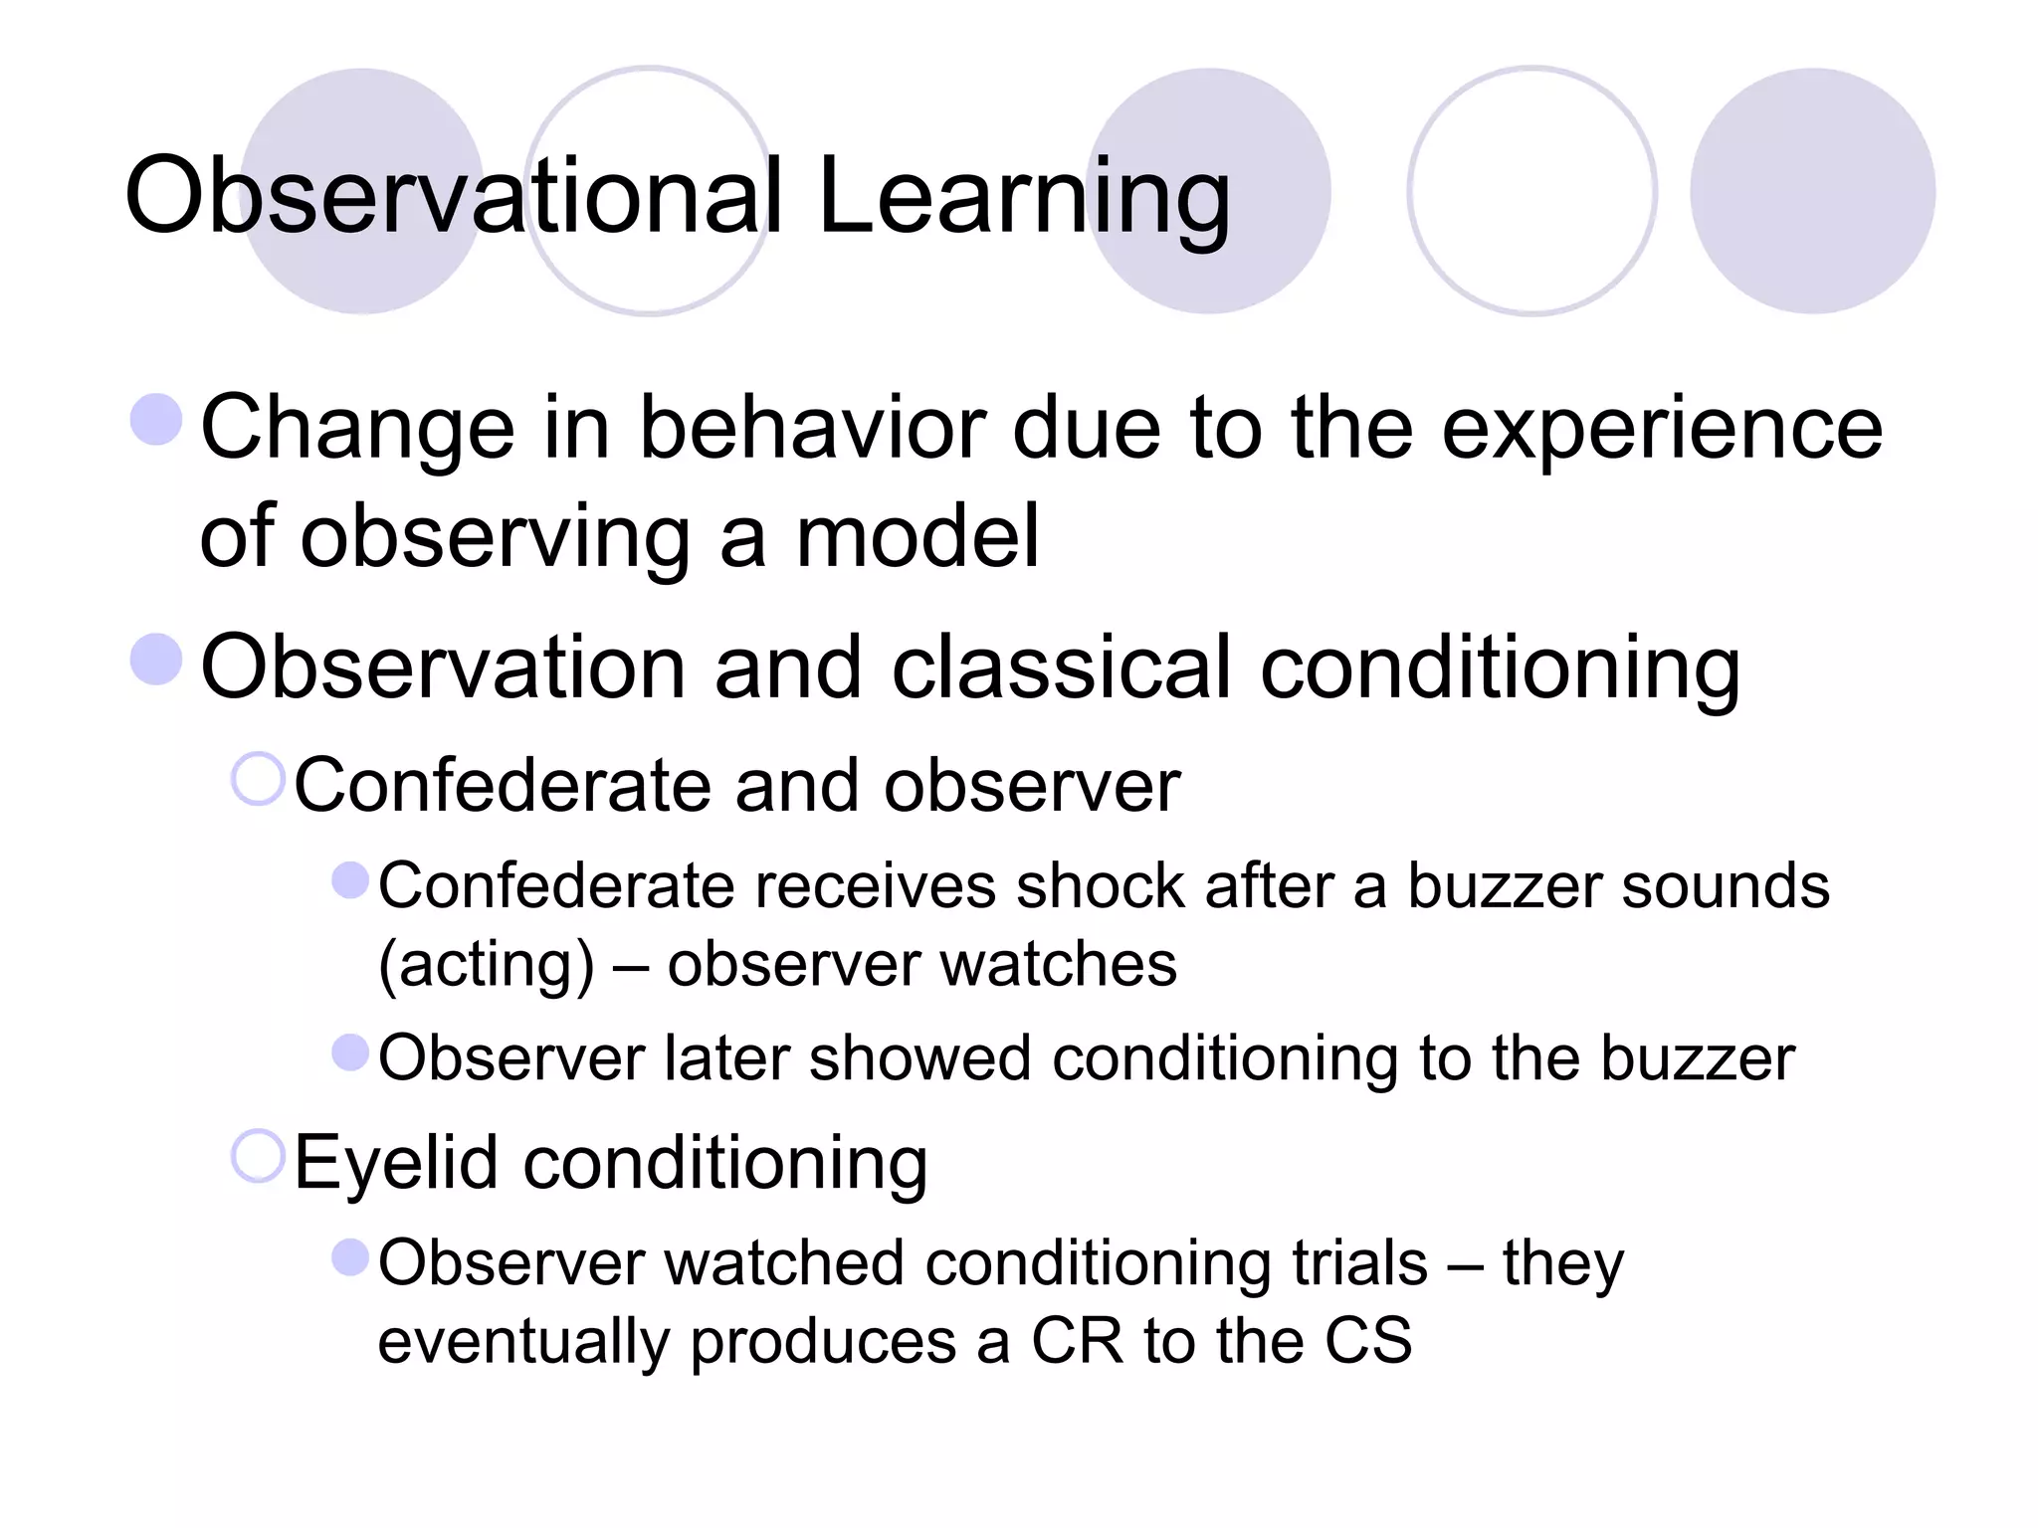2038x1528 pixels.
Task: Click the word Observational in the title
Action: tap(454, 196)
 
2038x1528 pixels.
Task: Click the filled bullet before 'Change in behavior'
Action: tap(156, 419)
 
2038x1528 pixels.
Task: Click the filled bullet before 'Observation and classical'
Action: tap(156, 660)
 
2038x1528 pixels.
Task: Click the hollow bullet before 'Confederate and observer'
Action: tap(258, 778)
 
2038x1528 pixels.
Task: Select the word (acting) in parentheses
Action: tap(486, 965)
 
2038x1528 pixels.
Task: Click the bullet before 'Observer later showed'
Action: tap(350, 1052)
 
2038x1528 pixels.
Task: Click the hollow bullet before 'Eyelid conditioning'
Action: tap(258, 1155)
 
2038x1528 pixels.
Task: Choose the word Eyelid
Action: tap(395, 1162)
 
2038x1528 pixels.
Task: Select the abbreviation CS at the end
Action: tap(1368, 1341)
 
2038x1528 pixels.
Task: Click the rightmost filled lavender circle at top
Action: tap(1812, 191)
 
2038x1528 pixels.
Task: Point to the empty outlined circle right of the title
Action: tap(1531, 191)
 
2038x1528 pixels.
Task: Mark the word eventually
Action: tap(523, 1341)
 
